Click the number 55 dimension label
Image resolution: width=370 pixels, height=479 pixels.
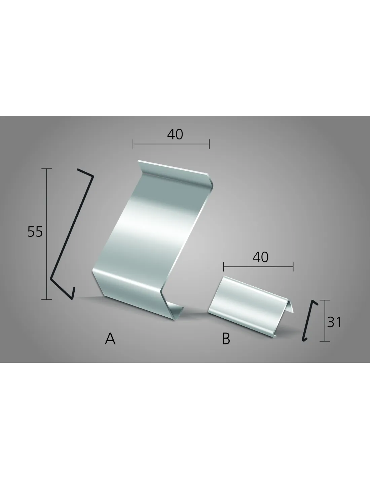click(35, 232)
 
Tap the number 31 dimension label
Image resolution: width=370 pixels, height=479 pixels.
click(334, 322)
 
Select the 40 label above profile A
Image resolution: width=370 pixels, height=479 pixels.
click(175, 134)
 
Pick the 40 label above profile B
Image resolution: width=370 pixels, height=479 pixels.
click(260, 257)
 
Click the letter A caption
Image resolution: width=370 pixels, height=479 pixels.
click(110, 339)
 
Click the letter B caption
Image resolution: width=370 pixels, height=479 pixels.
click(226, 339)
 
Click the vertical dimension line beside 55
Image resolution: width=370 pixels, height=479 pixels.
click(47, 234)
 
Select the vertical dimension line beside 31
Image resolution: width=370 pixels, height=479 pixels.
click(325, 320)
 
